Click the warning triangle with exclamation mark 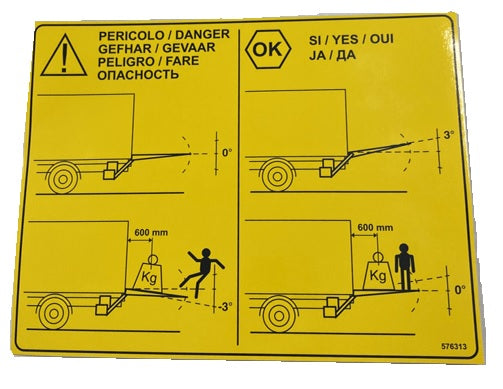tap(63, 56)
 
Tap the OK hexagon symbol tap(268, 49)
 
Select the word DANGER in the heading tap(203, 34)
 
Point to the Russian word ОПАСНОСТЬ tap(138, 75)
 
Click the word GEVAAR tap(189, 48)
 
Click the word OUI tap(382, 39)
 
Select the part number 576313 tap(454, 346)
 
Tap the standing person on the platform tap(404, 267)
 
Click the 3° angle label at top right tap(448, 135)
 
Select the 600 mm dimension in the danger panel tap(151, 232)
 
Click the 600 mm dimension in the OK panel tap(375, 228)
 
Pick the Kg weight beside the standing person tap(378, 271)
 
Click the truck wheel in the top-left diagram tap(63, 179)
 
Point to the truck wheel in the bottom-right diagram tap(280, 315)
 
